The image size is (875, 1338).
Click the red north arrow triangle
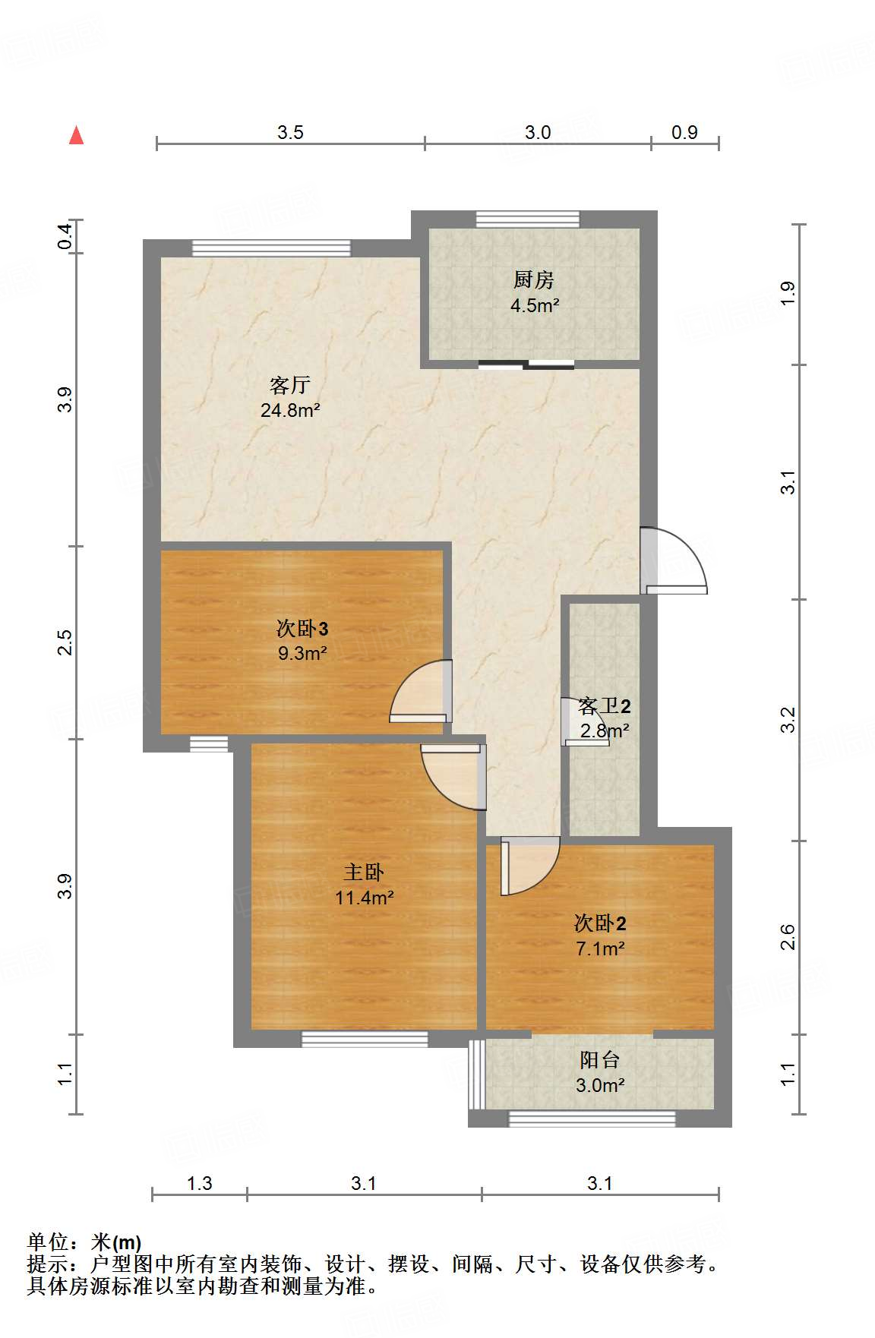point(76,135)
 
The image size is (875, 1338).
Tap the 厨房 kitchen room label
point(533,280)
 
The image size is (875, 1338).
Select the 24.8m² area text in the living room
point(289,411)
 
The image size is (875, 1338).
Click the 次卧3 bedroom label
point(302,629)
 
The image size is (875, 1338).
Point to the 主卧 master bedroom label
point(364,873)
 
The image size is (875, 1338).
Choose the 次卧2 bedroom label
point(600,923)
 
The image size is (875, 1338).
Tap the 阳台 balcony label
point(599,1060)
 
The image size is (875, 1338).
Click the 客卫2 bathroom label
point(605,706)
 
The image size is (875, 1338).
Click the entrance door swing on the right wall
point(672,560)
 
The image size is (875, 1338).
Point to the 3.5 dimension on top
point(290,133)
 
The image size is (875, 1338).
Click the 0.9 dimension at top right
point(684,133)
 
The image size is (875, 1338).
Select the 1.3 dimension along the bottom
point(200,1183)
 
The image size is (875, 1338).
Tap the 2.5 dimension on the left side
point(65,642)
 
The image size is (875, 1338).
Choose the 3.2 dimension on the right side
point(788,719)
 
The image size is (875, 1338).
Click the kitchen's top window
point(528,219)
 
